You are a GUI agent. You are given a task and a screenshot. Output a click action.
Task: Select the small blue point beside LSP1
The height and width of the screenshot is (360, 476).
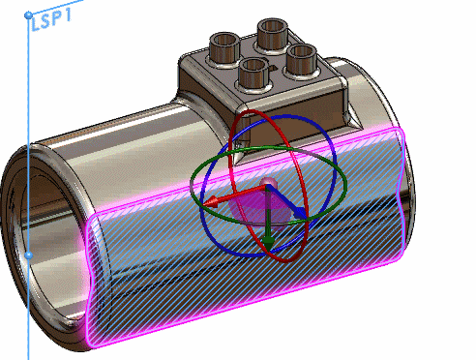pyautogui.click(x=28, y=16)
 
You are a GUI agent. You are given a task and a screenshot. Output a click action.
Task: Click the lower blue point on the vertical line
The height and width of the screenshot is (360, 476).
pyautogui.click(x=28, y=255)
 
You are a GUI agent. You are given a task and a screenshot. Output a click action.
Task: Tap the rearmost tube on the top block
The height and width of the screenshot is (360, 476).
pyautogui.click(x=268, y=29)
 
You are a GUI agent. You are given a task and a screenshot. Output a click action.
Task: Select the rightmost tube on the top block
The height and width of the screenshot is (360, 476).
pyautogui.click(x=301, y=57)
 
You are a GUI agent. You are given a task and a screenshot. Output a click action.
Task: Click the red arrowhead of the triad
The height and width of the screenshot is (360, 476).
pyautogui.click(x=214, y=201)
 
